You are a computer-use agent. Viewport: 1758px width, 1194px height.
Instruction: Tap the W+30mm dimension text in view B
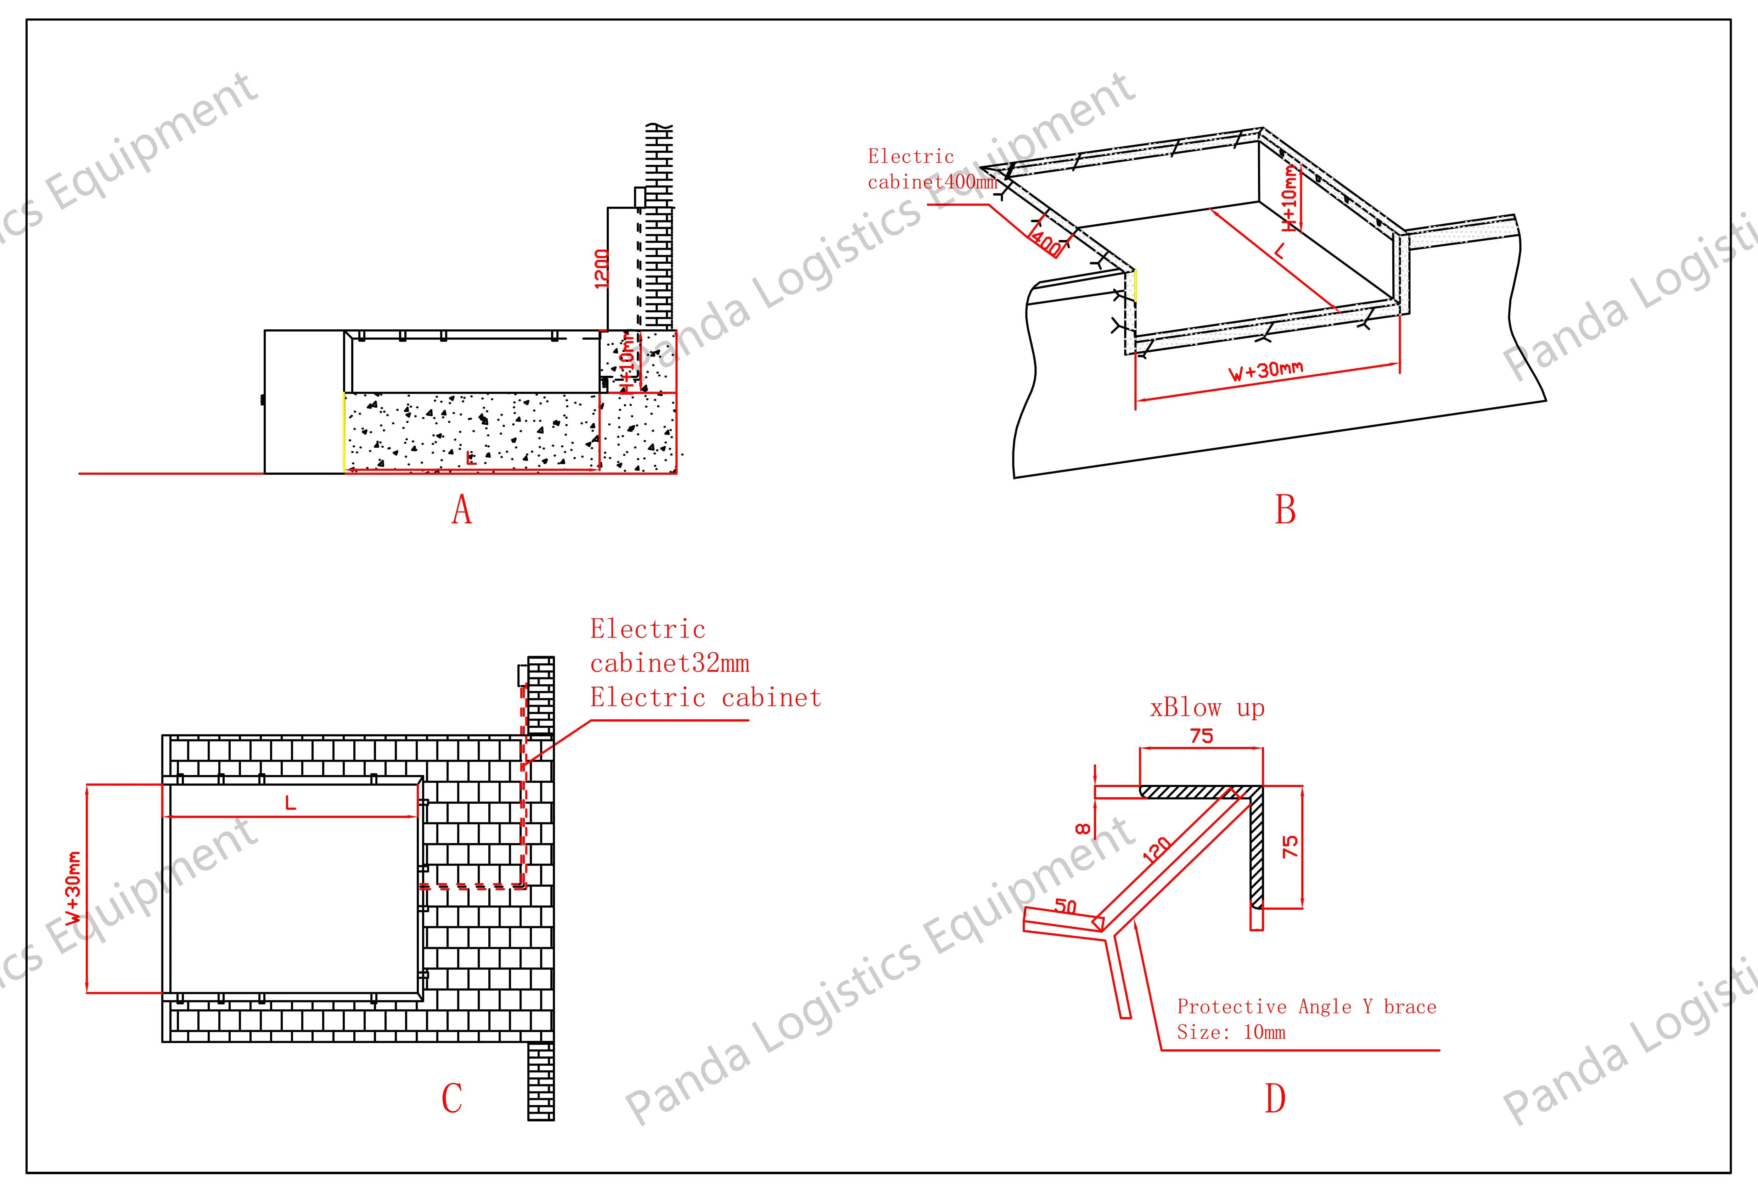tap(1265, 371)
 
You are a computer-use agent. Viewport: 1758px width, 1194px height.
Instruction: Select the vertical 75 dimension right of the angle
tap(1291, 846)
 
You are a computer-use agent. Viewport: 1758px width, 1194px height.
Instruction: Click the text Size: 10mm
tap(1231, 1032)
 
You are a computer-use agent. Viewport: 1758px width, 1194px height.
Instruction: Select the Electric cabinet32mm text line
tap(669, 664)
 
